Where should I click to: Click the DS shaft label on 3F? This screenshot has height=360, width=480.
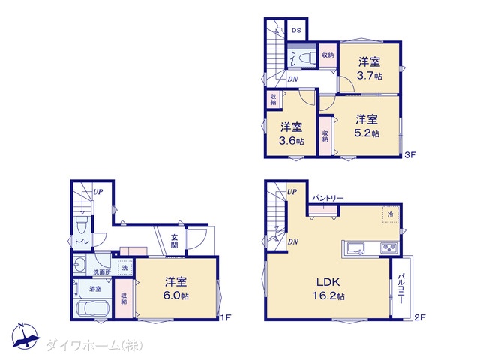pos(296,31)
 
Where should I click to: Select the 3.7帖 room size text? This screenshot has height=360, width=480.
pos(370,75)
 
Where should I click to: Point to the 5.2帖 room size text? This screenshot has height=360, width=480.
pos(367,133)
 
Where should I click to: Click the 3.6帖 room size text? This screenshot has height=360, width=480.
pos(291,141)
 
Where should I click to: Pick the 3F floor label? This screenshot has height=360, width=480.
pos(410,154)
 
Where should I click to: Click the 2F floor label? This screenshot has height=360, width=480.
pos(419,317)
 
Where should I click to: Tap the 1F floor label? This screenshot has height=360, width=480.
pos(225,317)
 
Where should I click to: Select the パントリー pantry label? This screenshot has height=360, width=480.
pos(328,199)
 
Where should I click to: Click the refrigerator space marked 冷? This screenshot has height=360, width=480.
pos(390,214)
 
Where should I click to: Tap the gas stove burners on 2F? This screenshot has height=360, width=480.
pos(389,247)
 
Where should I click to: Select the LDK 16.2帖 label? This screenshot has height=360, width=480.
pos(328,289)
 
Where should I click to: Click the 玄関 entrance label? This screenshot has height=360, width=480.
pos(175,240)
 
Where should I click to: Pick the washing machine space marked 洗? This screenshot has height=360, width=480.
pos(125,267)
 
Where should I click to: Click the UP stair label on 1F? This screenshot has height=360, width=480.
pos(98,192)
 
